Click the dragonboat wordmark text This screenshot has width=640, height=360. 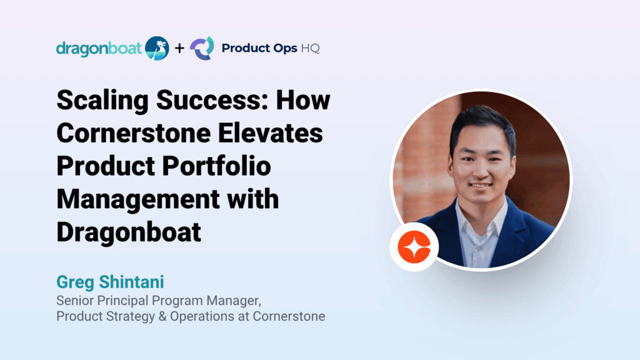(99, 49)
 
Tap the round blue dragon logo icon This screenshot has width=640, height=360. (157, 48)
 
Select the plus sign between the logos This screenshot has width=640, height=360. (179, 48)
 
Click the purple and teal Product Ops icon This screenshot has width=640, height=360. (202, 48)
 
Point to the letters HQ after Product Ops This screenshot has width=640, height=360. (310, 48)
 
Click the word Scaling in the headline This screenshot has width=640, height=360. (102, 101)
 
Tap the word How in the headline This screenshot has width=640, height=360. (303, 100)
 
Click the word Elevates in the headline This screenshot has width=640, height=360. (270, 133)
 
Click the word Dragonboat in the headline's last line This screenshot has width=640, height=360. (129, 233)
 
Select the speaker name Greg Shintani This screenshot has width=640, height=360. (110, 282)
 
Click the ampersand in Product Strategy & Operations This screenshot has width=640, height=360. (162, 316)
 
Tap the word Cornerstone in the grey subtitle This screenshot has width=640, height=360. (289, 316)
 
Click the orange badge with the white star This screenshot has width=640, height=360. (414, 247)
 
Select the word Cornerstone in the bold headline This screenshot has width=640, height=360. (133, 133)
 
